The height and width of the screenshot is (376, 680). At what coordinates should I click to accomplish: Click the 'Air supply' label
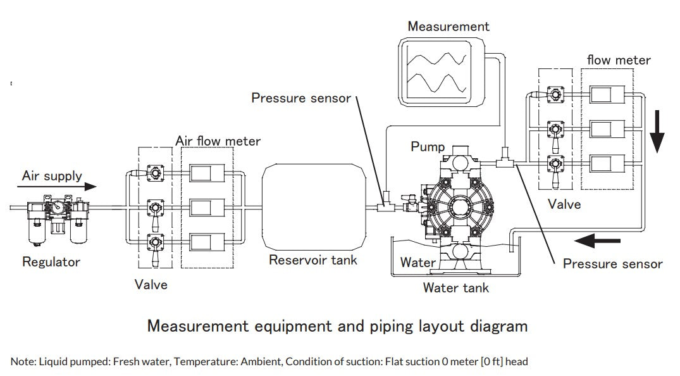51,175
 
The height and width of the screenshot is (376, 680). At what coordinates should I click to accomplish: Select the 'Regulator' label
51,261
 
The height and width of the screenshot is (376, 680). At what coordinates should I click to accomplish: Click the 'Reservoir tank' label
312,260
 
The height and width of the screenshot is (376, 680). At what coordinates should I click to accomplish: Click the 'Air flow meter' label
218,141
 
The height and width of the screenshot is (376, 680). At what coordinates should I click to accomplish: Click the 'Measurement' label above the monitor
448,26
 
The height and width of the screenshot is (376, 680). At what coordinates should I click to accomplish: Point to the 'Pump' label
428,147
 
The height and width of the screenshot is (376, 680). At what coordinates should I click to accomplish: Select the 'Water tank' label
455,288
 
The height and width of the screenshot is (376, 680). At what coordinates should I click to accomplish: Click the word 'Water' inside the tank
417,262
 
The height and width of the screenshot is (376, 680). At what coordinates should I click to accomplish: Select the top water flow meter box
607,95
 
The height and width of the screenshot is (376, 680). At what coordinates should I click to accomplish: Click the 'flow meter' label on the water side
618,60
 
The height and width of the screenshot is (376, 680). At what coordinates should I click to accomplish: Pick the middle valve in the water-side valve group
556,129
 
